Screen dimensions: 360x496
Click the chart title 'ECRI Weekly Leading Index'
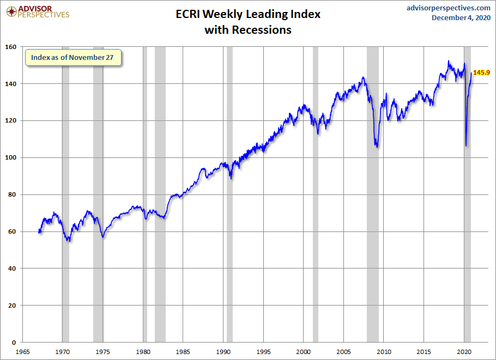point(248,14)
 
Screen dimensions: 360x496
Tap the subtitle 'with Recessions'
point(248,30)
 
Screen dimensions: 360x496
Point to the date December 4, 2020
point(461,18)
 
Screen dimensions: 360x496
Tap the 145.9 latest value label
point(481,72)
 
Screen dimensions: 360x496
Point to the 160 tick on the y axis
point(11,47)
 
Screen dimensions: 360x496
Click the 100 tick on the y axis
point(11,157)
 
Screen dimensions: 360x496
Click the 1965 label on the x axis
point(23,351)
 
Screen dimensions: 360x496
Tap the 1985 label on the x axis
point(183,351)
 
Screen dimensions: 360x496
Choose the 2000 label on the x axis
point(304,351)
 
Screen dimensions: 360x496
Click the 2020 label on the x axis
point(464,351)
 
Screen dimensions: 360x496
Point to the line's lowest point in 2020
point(466,145)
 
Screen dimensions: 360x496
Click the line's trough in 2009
point(377,147)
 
